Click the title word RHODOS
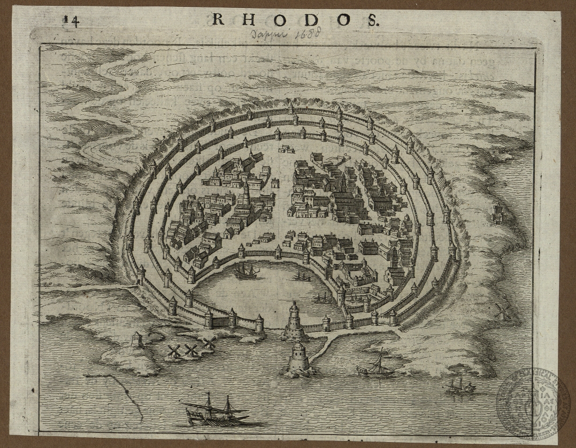296,20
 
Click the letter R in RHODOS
219,20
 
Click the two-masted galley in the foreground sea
216,411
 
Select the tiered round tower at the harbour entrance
293,320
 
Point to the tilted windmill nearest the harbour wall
209,342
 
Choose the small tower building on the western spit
137,338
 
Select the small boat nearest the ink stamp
460,386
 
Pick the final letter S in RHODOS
373,20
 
